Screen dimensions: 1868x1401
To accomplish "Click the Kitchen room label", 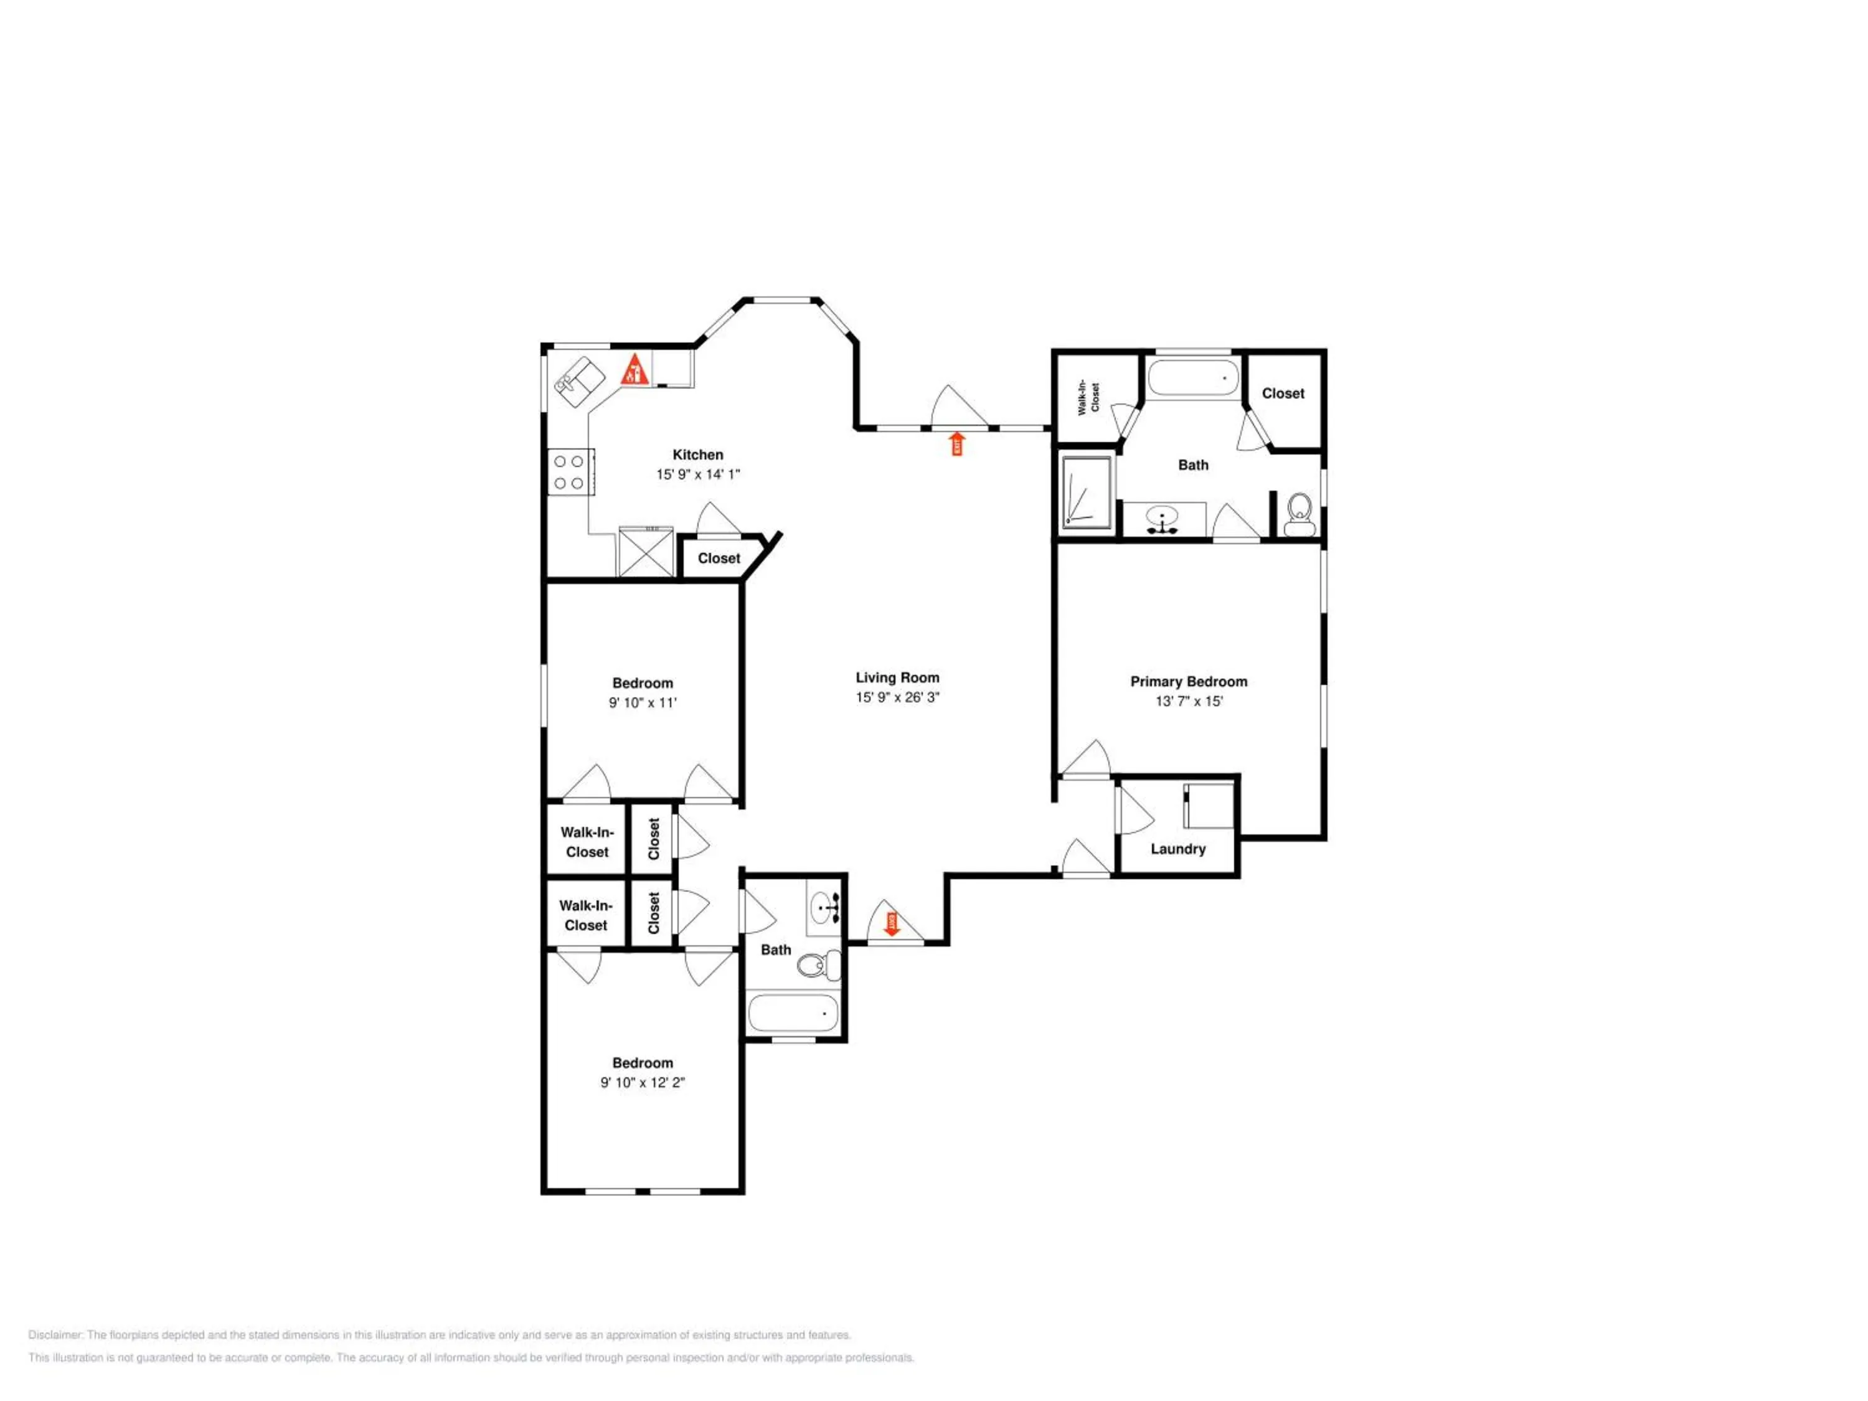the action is [x=697, y=455].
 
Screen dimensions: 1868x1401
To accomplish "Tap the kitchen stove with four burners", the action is [x=569, y=472].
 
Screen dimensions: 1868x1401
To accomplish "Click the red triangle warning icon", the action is [x=635, y=370].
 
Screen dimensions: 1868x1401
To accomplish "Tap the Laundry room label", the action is [x=1177, y=849].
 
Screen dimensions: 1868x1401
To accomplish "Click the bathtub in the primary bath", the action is [x=1193, y=377].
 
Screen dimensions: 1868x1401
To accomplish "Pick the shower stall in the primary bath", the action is [x=1086, y=493].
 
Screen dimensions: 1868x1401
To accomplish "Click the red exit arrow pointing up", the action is [x=957, y=443].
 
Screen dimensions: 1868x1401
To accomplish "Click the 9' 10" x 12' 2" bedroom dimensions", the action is [x=643, y=1083].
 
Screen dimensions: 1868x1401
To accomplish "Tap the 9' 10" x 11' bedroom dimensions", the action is [x=643, y=702].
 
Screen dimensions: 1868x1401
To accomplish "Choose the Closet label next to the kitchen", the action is [x=719, y=558].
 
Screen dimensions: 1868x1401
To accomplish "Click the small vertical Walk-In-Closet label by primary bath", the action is [x=1095, y=398].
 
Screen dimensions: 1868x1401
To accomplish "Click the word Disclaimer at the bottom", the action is [x=56, y=1335].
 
